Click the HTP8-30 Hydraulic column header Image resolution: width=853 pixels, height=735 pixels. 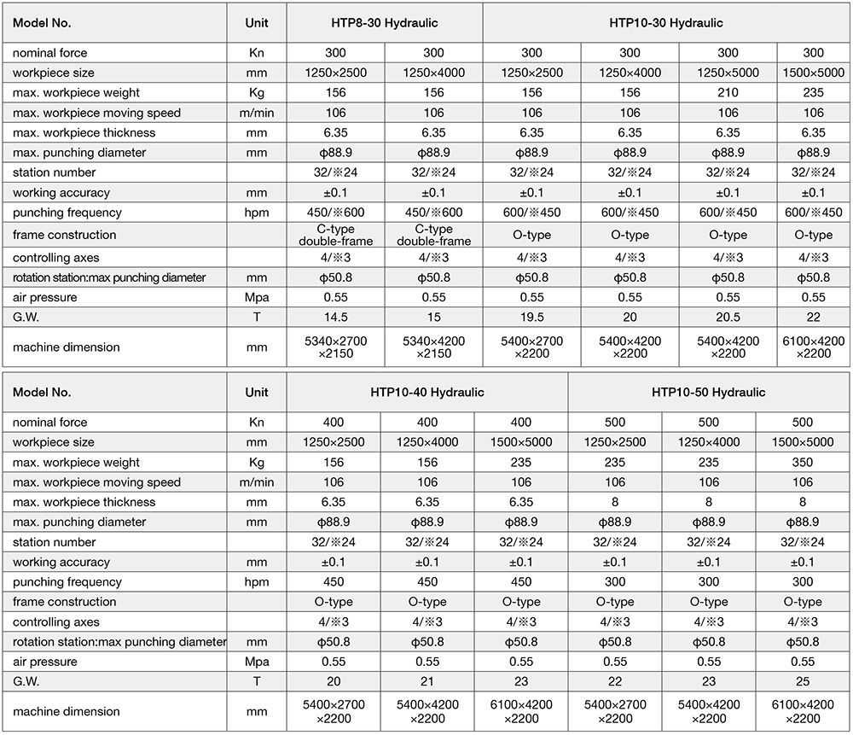385,23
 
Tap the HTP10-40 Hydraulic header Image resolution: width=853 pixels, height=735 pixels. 427,393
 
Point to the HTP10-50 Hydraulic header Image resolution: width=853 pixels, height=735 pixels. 708,393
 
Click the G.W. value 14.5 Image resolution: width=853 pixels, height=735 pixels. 335,318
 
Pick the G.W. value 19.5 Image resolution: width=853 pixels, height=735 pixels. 531,318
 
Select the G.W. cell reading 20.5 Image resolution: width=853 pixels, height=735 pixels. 728,318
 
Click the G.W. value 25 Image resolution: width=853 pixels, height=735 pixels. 803,682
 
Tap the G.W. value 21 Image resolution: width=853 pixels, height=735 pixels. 426,682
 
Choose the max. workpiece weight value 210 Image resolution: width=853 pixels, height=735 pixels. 728,92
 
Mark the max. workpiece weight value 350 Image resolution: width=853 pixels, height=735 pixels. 803,463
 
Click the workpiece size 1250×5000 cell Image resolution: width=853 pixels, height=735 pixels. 728,73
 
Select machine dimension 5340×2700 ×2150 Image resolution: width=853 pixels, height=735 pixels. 335,347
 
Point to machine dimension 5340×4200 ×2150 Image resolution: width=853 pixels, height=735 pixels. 433,347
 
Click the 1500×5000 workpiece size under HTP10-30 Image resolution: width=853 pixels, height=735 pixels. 814,73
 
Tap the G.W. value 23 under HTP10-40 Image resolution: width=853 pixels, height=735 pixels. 520,682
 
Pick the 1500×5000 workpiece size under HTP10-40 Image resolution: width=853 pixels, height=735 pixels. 520,442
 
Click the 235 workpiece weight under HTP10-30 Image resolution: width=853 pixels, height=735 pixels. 814,92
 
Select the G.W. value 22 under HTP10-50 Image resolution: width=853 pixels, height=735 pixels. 614,682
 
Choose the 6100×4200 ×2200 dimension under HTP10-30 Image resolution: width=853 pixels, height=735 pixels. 814,347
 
